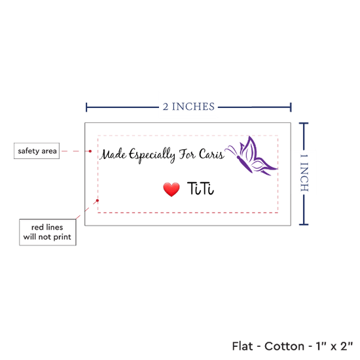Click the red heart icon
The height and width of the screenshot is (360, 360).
171,189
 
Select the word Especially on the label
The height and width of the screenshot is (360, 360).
152,155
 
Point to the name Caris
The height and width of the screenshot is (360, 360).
211,154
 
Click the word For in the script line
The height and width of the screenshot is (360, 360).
187,154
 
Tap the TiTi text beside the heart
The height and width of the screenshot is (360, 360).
200,189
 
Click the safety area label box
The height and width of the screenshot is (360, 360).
37,151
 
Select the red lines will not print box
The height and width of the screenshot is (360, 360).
48,232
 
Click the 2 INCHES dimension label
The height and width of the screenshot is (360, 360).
189,107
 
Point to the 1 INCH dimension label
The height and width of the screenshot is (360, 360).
304,173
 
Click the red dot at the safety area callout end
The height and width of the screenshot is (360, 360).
90,151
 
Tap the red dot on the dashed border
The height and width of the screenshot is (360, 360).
98,200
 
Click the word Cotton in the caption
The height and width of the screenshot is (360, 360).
284,346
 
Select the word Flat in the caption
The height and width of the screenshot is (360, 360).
242,346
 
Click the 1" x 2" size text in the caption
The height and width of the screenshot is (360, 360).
334,346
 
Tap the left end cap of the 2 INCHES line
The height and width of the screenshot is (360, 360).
86,107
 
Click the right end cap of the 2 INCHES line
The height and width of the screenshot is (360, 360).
291,107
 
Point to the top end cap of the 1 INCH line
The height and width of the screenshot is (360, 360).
304,124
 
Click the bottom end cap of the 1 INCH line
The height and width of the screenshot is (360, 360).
304,225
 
